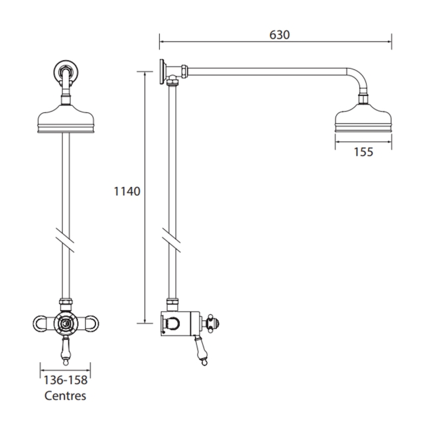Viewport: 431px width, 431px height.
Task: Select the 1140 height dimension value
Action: pyautogui.click(x=127, y=192)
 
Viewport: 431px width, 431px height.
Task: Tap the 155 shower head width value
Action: pyautogui.click(x=363, y=152)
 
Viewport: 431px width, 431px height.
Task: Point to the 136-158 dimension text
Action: pyautogui.click(x=65, y=381)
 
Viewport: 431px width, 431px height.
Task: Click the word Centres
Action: pyautogui.click(x=65, y=397)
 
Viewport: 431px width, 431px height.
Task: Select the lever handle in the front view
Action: pyautogui.click(x=66, y=352)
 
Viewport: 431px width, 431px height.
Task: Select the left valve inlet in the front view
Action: pyautogui.click(x=41, y=324)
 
